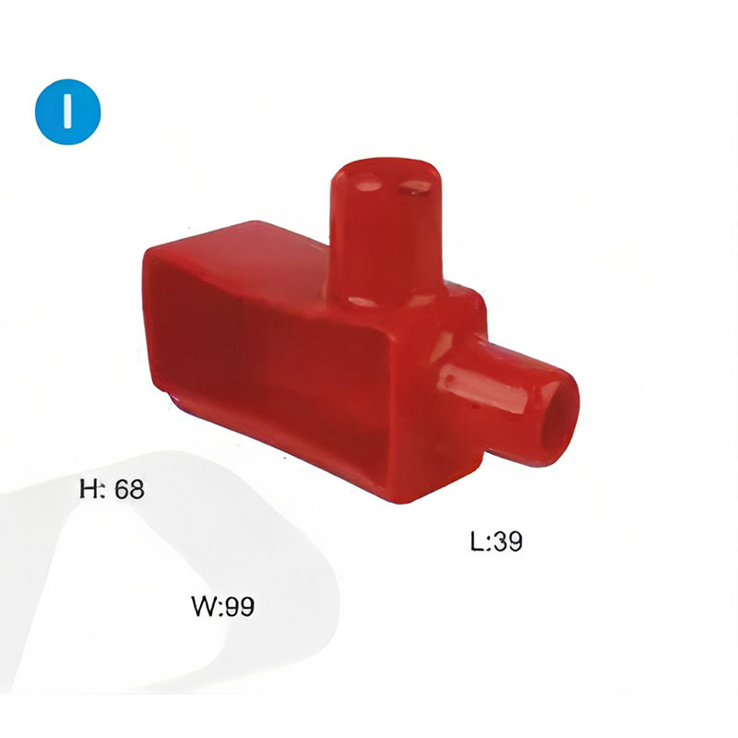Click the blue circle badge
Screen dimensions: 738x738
tap(67, 112)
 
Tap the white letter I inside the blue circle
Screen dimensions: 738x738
tap(67, 111)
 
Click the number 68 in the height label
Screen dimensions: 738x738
tap(129, 489)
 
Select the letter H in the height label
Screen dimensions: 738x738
tap(88, 489)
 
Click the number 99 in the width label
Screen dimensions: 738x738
tap(239, 606)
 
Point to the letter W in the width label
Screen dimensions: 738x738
tap(204, 606)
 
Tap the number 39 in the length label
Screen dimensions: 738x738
tap(507, 541)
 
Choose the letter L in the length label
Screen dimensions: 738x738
tap(477, 542)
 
